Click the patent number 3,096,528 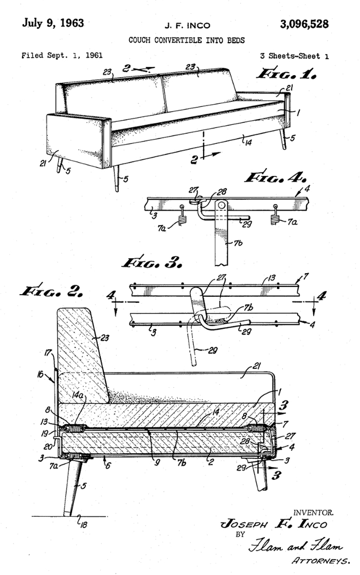click(x=304, y=24)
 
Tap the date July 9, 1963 click(x=53, y=23)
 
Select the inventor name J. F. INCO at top click(x=187, y=26)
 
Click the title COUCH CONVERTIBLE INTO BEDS click(x=187, y=40)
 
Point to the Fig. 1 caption click(x=286, y=74)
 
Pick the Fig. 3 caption click(x=152, y=262)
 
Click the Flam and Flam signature click(x=296, y=547)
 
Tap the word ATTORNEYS click(x=320, y=561)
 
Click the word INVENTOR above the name click(x=313, y=513)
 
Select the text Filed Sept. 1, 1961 click(x=62, y=56)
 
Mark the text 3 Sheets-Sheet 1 click(x=294, y=56)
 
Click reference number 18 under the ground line click(x=84, y=525)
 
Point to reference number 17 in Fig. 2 click(x=48, y=353)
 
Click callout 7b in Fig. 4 click(x=238, y=242)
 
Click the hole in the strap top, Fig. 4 click(x=221, y=205)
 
